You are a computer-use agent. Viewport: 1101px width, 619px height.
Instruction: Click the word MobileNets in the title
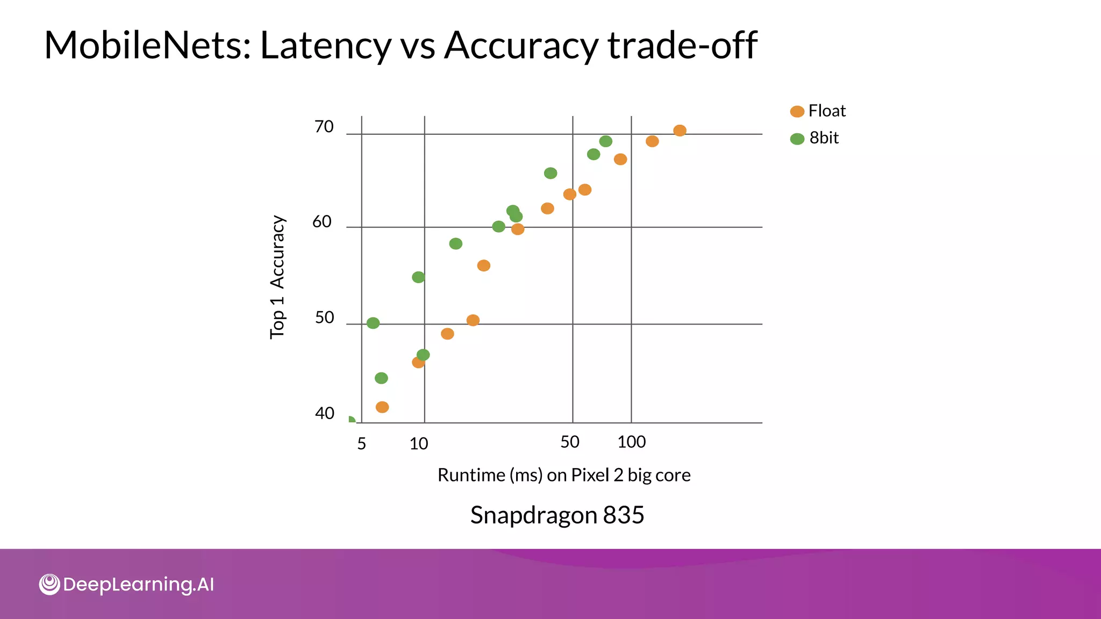point(147,45)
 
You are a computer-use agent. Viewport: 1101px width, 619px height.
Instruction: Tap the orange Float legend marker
point(797,111)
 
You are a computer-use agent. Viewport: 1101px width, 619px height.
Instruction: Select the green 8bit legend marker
point(797,139)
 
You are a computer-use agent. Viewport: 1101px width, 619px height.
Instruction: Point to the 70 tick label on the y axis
point(324,127)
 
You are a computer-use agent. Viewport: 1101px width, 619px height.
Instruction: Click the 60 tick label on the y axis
point(322,221)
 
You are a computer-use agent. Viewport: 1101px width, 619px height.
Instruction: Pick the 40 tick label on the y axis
point(324,413)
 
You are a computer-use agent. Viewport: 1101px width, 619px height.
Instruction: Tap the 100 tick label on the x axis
point(631,442)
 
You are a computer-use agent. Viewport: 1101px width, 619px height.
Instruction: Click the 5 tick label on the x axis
point(361,444)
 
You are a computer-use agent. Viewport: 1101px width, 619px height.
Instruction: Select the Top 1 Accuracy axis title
point(277,277)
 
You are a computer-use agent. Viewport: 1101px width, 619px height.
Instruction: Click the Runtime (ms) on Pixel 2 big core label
point(563,475)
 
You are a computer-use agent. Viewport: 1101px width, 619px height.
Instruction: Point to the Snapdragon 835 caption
point(557,515)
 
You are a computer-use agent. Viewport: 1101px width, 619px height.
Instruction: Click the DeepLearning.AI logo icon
point(49,584)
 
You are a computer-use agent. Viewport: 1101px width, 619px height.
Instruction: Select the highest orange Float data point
point(680,131)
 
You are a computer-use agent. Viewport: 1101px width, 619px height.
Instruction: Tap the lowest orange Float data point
point(382,407)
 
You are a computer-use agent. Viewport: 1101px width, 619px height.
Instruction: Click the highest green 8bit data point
point(606,141)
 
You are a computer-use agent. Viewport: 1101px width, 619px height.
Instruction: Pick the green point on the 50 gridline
point(373,323)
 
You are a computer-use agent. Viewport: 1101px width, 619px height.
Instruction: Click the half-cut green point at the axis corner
point(351,420)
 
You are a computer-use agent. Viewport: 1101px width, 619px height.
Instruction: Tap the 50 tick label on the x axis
point(570,442)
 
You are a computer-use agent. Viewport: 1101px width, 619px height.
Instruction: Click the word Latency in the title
point(325,45)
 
